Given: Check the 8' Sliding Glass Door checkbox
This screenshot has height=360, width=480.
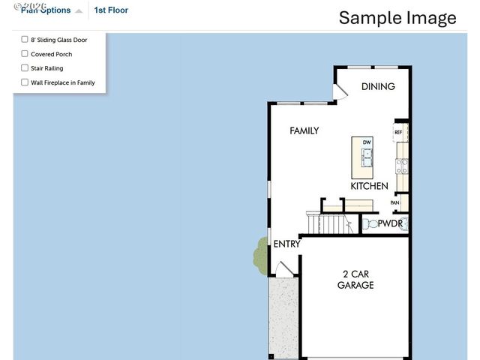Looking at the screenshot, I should (x=25, y=39).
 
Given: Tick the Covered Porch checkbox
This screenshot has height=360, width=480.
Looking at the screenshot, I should (x=25, y=54).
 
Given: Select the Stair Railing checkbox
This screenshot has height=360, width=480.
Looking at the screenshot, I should (x=25, y=68).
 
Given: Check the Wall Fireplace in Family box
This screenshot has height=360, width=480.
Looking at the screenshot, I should (x=25, y=82).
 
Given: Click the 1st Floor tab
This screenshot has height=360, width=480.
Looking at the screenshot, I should (x=111, y=10).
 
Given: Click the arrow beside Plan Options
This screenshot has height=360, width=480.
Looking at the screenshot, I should (x=79, y=11).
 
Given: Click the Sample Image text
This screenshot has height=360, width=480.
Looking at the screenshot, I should (x=397, y=18).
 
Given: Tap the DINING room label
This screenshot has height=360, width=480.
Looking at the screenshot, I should (x=378, y=86).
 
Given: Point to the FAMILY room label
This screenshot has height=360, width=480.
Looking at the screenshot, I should (x=304, y=130).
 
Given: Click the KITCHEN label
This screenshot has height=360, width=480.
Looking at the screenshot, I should (x=369, y=186).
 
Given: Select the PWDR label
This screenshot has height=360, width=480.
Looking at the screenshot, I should (x=391, y=223).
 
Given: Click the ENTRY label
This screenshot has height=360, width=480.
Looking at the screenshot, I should (x=286, y=244).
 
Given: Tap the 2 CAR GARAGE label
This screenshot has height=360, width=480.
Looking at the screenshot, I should (x=355, y=279).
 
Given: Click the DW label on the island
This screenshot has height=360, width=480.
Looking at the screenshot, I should (x=367, y=142).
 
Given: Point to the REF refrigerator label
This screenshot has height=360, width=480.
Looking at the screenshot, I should (x=398, y=132).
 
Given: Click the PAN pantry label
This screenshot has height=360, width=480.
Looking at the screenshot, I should (x=394, y=202).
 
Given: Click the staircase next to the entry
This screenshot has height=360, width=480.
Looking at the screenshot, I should (x=329, y=223).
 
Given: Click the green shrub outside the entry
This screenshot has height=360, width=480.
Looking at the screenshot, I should (x=260, y=256).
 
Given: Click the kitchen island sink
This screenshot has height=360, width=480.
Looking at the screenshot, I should (x=367, y=157).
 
